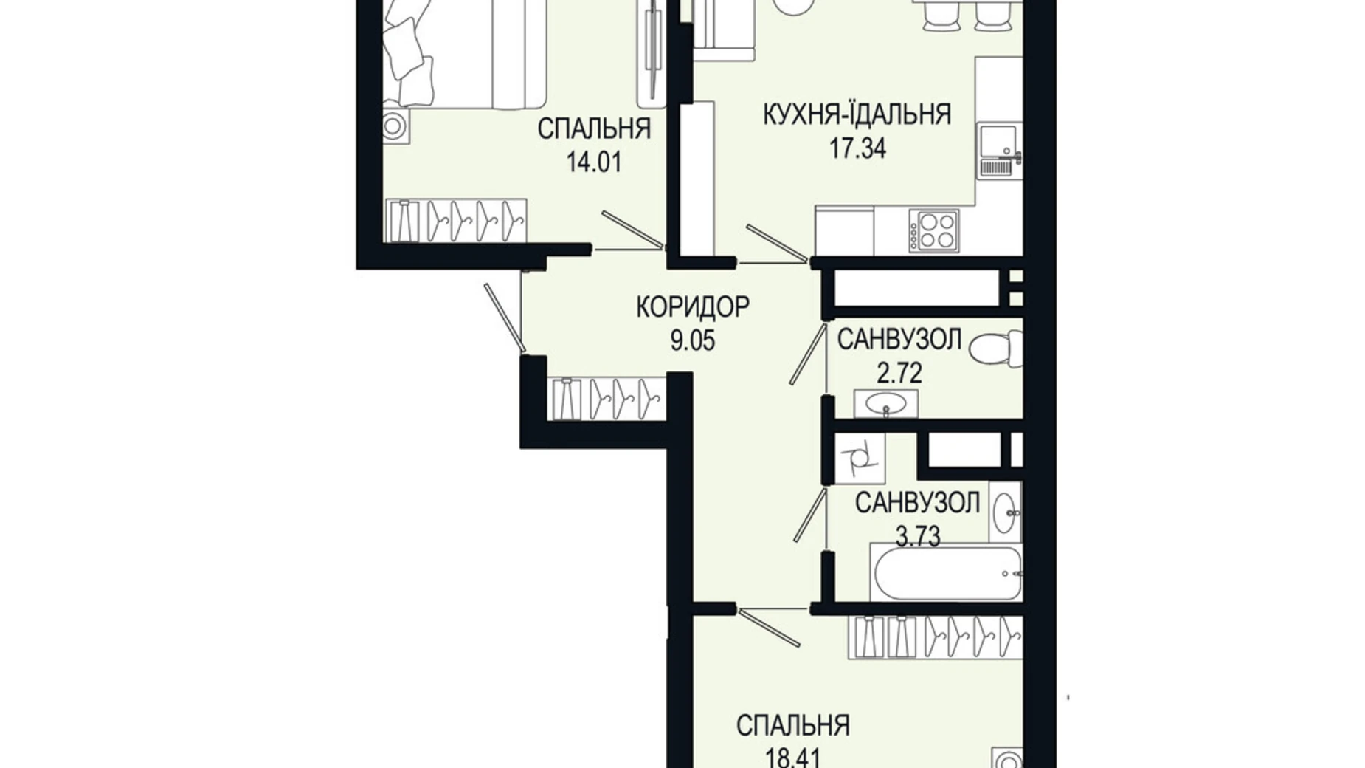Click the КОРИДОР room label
click(692, 306)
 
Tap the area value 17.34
click(857, 148)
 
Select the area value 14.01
click(593, 161)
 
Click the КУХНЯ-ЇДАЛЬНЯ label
click(857, 114)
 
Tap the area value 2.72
click(899, 373)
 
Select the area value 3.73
click(918, 537)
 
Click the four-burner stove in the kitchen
click(934, 230)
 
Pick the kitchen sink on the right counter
click(998, 151)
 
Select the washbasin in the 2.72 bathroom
click(886, 405)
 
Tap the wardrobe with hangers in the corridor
click(607, 398)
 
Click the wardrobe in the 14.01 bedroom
click(456, 220)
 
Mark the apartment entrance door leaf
click(505, 318)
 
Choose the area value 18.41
click(789, 757)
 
